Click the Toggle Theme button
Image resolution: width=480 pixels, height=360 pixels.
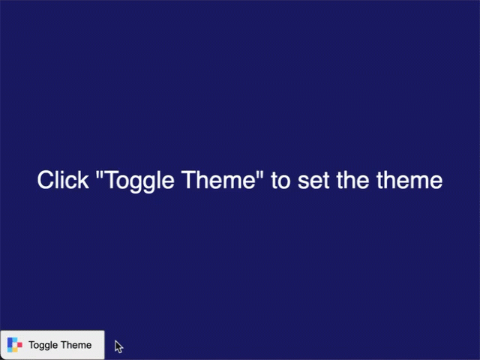52,345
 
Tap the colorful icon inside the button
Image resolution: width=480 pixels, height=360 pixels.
14,345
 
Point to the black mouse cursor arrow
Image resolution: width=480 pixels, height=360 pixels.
118,346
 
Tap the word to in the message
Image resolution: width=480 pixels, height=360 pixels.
280,181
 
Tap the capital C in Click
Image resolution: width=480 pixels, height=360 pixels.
45,181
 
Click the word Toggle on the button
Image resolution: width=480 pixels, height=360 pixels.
43,345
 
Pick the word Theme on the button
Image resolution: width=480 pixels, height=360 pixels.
76,345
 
